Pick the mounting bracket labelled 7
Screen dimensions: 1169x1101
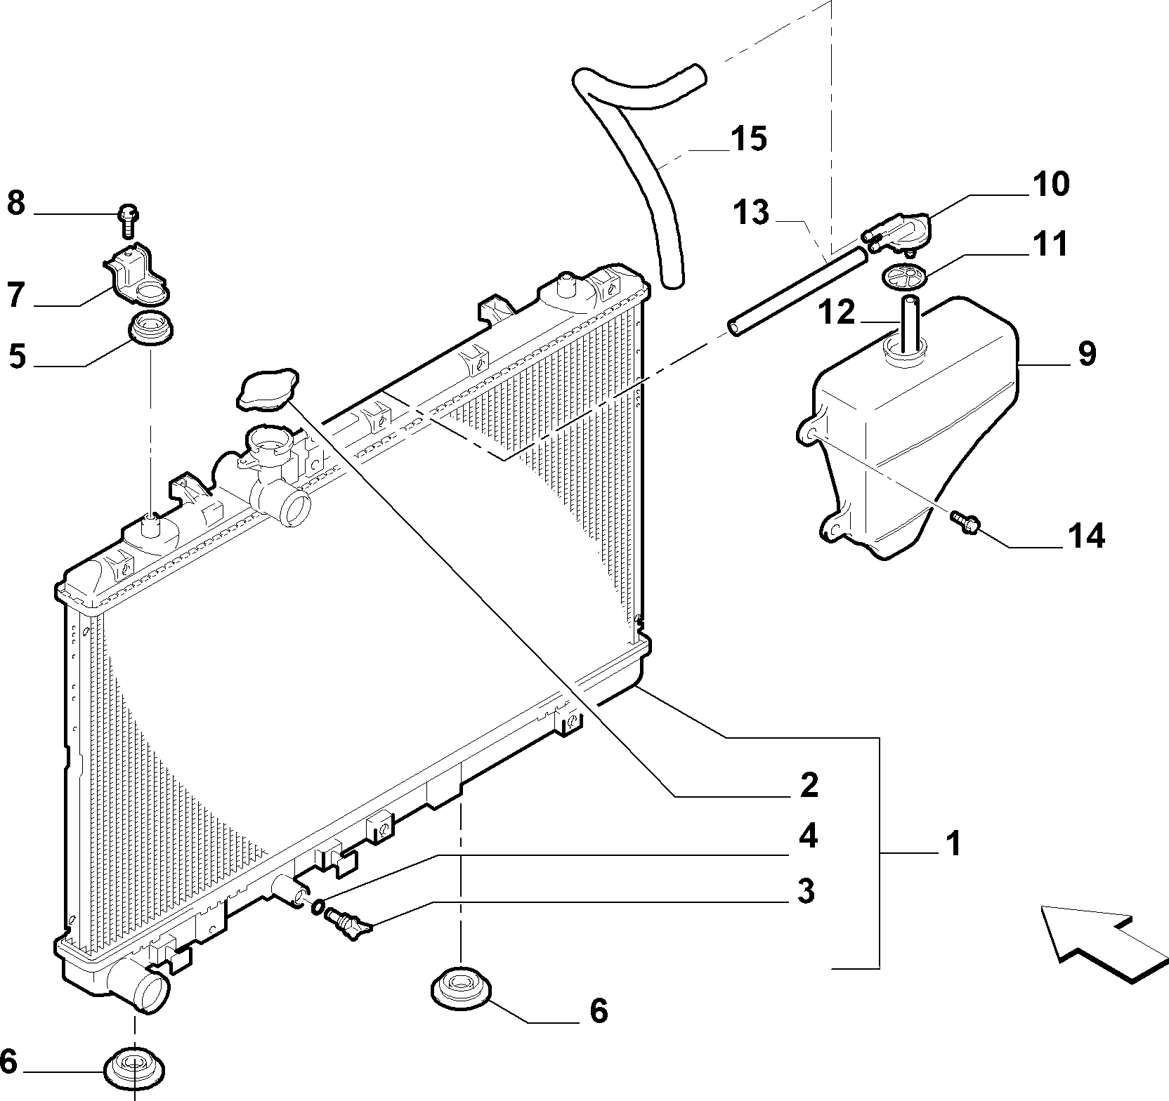136,274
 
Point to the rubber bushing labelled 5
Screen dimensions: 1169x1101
152,331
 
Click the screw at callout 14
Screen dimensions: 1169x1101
964,522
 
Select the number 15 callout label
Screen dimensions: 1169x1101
748,139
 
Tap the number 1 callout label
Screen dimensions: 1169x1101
952,843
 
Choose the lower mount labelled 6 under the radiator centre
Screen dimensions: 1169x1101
460,987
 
